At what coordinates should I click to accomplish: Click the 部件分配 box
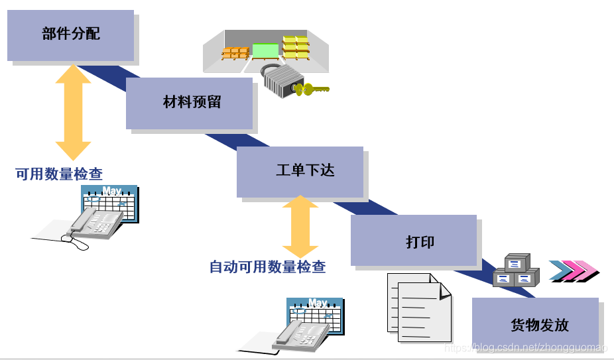[x=70, y=34]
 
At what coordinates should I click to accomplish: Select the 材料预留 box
[x=190, y=103]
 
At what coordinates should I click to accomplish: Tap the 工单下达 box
[x=300, y=171]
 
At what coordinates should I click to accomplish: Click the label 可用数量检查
[x=59, y=174]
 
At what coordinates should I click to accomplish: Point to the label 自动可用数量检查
[x=267, y=267]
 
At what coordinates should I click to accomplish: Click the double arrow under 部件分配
[x=73, y=111]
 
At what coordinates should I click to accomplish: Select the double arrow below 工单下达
[x=300, y=227]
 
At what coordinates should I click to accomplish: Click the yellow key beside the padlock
[x=312, y=89]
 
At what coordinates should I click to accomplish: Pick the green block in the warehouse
[x=265, y=50]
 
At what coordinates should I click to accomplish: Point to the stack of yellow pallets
[x=296, y=47]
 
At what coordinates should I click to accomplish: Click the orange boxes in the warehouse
[x=235, y=52]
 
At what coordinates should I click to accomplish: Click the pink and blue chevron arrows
[x=574, y=270]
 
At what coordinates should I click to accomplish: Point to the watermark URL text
[x=525, y=348]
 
